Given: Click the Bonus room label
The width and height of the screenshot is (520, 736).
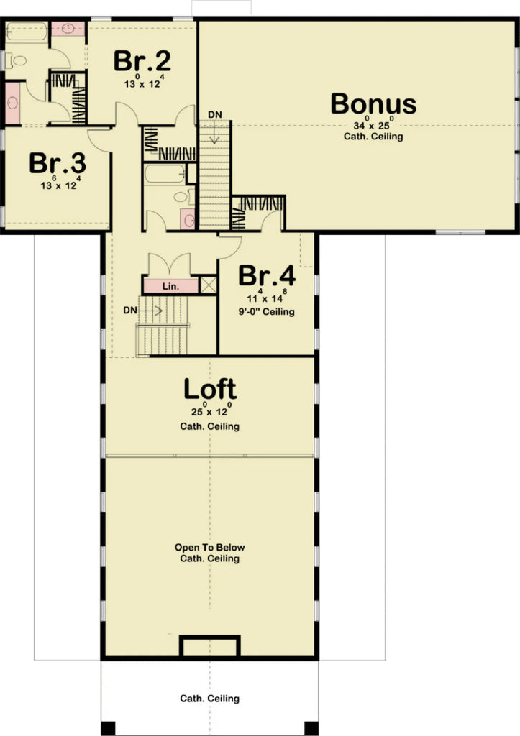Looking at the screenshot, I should coord(373,104).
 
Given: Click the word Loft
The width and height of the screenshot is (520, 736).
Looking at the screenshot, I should coord(209,390).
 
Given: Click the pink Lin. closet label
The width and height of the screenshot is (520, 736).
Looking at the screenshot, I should coord(170,286).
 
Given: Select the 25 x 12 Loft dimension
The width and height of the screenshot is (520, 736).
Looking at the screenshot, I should coord(209,413).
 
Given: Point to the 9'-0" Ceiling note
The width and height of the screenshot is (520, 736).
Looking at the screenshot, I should coord(267,312).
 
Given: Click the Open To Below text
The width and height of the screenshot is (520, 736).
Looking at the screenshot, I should coord(209,548).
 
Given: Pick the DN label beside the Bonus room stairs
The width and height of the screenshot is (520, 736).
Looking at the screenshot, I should coord(214,115).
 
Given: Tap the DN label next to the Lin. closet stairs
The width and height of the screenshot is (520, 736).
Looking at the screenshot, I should coord(130,310).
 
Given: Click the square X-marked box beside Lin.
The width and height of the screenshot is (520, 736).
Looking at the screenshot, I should coord(209,285).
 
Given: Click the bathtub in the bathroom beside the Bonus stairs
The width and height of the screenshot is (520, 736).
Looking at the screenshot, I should coord(165,174).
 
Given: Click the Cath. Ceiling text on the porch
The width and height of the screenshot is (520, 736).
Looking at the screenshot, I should coord(209,698).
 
